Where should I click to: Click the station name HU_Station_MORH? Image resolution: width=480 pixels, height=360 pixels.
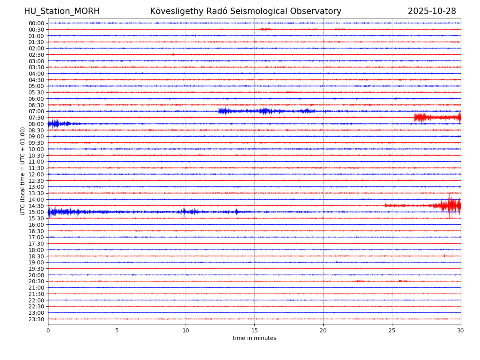pos(62,11)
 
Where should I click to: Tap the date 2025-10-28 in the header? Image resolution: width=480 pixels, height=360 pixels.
pos(432,11)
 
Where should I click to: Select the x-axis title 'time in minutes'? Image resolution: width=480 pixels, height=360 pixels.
pos(254,338)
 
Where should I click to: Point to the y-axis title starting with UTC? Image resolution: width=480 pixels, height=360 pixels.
pos(23,171)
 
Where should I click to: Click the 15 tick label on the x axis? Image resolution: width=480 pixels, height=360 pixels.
pos(254,331)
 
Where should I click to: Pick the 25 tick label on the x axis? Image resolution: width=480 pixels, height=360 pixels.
pos(392,331)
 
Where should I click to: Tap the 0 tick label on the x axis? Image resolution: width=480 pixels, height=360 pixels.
pos(48,331)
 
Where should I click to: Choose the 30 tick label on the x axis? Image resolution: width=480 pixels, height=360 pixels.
pos(461,331)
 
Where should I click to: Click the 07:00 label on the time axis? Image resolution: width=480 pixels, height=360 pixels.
pos(36,111)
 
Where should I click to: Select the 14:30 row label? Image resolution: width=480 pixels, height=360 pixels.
pos(36,206)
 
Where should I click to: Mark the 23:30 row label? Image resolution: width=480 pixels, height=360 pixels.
pos(36,319)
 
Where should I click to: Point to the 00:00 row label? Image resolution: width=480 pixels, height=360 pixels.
pos(36,23)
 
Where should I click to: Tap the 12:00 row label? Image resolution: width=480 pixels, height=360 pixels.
pos(36,174)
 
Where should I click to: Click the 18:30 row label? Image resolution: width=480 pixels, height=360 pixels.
pos(36,256)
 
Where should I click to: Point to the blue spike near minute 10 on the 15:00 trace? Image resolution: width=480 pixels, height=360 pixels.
pos(184,212)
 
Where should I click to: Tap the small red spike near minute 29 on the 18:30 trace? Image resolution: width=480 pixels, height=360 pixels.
pos(444,256)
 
